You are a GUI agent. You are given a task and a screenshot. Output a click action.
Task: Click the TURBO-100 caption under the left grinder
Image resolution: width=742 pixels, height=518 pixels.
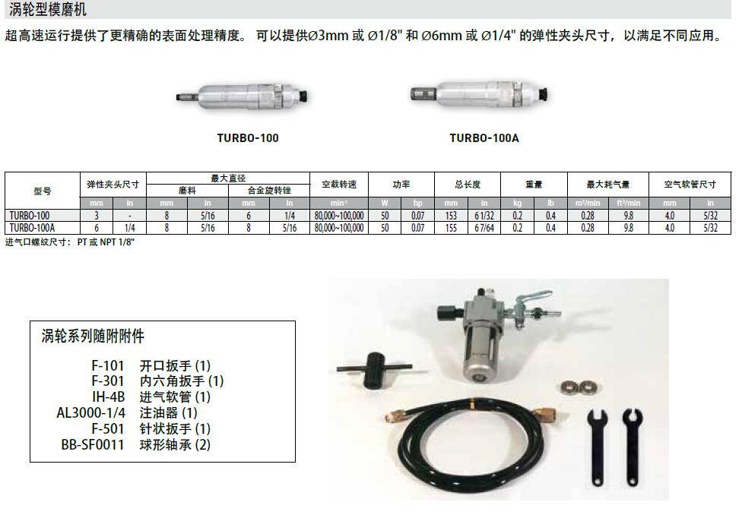click(248, 138)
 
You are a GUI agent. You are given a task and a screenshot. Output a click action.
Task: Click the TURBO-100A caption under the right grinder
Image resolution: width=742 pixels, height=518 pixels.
click(484, 138)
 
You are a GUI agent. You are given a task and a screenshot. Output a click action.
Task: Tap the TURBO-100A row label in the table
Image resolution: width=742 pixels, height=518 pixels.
click(32, 228)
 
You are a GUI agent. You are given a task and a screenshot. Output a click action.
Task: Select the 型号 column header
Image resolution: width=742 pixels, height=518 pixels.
click(42, 191)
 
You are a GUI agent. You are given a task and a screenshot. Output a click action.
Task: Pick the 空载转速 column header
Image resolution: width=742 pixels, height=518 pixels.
click(339, 185)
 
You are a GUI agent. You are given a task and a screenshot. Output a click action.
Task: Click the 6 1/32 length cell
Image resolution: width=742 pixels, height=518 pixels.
click(484, 216)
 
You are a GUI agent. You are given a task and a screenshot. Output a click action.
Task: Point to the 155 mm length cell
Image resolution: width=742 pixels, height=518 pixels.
click(451, 228)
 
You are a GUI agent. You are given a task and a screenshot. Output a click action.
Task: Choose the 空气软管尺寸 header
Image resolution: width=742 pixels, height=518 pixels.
click(690, 185)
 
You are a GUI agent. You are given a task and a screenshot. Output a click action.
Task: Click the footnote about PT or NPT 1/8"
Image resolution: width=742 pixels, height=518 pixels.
click(70, 242)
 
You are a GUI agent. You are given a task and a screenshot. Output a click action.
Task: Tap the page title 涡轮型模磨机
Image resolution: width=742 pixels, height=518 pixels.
click(48, 9)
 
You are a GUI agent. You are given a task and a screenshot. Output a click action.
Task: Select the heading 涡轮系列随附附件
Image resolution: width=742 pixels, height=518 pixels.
click(93, 336)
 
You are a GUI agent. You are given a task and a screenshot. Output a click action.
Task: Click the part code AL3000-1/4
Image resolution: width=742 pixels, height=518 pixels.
click(91, 412)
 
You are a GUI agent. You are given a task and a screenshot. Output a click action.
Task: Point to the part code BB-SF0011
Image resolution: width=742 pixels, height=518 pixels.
click(93, 445)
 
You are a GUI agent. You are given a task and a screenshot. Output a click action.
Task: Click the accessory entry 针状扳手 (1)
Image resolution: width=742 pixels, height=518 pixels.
click(175, 428)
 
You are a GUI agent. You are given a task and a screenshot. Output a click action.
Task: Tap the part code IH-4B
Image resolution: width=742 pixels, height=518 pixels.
click(109, 396)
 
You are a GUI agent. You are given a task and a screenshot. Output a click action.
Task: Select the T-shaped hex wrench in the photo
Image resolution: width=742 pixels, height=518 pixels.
click(374, 368)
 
